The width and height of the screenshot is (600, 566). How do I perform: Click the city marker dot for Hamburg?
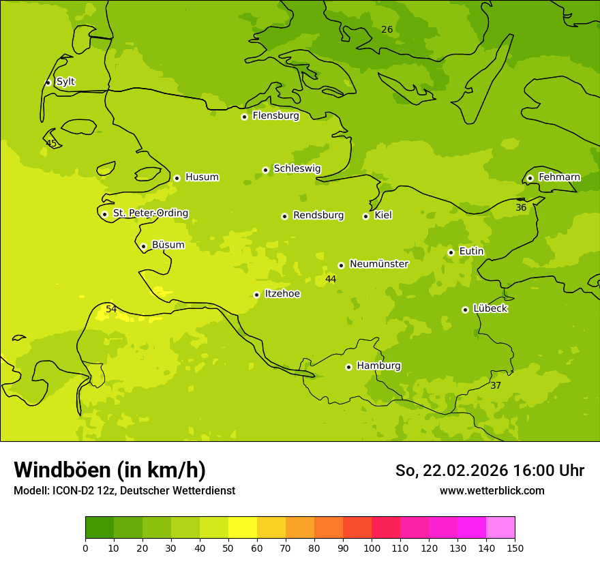[x=348, y=367]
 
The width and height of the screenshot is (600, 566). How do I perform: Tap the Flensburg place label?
[x=275, y=116]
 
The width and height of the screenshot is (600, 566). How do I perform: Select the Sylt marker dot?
[x=48, y=83]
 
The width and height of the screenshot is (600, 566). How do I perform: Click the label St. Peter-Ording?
[x=150, y=213]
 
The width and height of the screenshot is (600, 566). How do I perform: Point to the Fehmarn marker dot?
[x=530, y=178]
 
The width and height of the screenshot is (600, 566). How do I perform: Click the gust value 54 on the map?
[x=111, y=310]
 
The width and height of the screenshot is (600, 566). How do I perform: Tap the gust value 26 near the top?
[x=387, y=30]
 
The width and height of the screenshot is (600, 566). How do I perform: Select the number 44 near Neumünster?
[x=331, y=280]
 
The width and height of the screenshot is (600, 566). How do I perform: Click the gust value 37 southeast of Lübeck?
[x=496, y=386]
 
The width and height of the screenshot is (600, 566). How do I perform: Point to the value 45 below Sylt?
[x=51, y=144]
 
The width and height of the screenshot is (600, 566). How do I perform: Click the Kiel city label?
[x=383, y=215]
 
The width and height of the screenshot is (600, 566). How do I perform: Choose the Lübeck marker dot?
[x=465, y=310]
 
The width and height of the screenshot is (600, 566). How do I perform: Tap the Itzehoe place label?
[x=282, y=294]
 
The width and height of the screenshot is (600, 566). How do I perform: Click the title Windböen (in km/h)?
[x=110, y=470]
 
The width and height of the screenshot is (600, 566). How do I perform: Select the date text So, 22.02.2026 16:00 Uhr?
[x=490, y=471]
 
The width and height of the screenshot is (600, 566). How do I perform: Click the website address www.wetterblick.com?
[x=492, y=491]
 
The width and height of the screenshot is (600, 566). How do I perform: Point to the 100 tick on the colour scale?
[x=372, y=548]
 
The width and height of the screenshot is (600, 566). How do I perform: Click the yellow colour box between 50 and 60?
[x=243, y=528]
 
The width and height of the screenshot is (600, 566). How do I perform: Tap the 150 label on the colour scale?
[x=514, y=548]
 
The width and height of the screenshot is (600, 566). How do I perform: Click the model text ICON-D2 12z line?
[x=124, y=491]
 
